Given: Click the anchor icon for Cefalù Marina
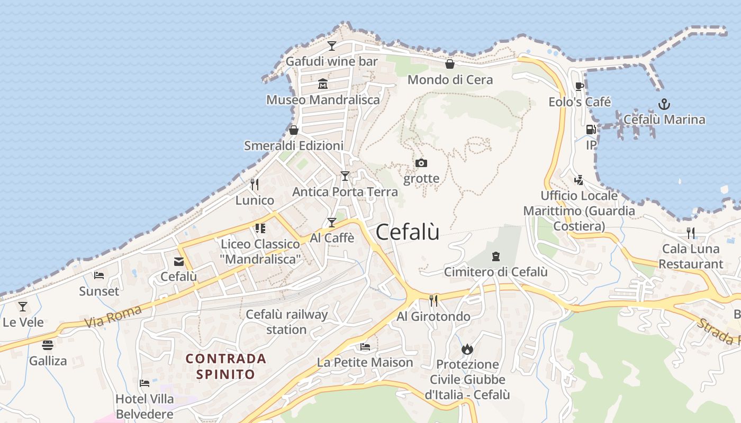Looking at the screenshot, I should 664,104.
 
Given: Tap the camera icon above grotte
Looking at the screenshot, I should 421,163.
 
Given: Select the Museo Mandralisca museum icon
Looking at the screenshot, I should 323,84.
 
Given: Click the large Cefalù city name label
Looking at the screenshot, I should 408,232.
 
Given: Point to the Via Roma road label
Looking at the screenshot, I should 113,316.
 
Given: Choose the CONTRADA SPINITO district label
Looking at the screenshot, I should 226,366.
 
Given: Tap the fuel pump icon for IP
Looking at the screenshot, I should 591,130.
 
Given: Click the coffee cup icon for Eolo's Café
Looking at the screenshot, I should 580,86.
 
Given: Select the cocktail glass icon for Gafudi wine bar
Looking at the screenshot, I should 332,46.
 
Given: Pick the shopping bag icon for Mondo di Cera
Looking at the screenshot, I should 450,64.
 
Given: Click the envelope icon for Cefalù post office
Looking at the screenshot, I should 178,261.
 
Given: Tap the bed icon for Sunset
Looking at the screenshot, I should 99,275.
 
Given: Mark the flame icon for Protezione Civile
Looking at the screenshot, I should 467,349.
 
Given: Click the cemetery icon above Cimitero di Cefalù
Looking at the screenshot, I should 495,256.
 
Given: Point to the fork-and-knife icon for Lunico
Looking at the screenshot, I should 255,185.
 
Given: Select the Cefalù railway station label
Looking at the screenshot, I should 286,322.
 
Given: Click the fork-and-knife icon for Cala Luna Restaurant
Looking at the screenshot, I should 690,233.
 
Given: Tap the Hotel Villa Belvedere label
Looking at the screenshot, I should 144,406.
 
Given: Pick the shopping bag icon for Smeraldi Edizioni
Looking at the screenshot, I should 294,130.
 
